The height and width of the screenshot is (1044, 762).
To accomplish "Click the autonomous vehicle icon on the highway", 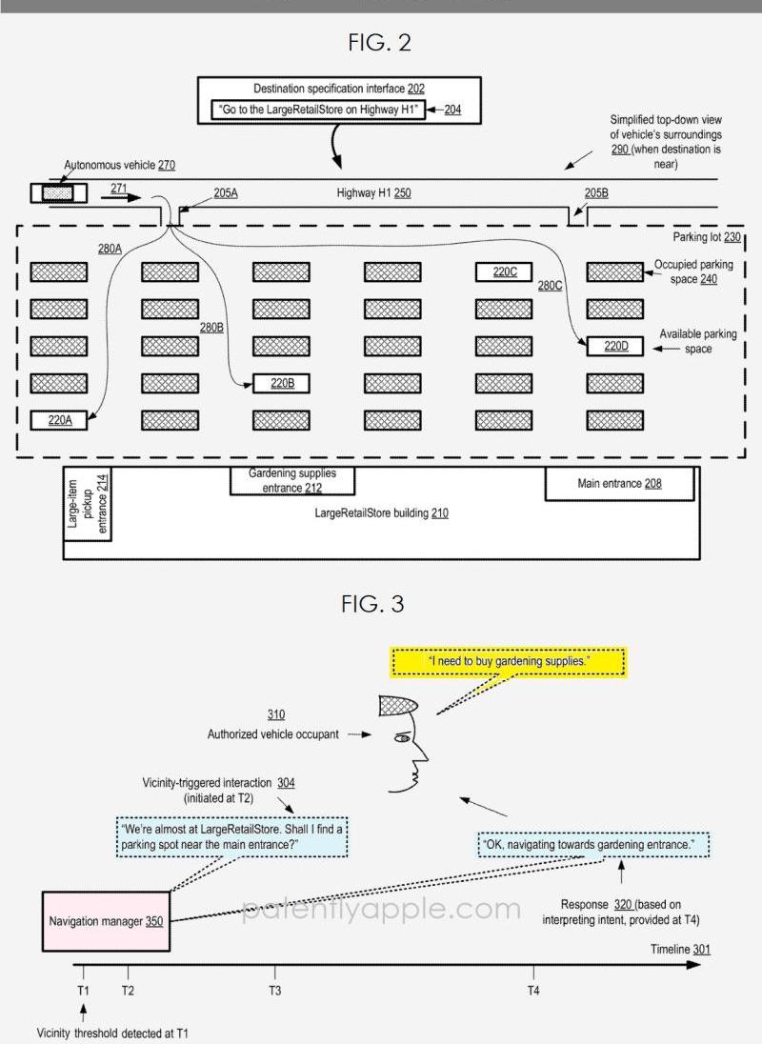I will [58, 193].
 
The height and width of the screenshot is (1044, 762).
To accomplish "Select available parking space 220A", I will [59, 419].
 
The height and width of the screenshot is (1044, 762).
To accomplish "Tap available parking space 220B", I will [282, 383].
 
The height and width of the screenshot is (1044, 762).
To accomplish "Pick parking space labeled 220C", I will [504, 271].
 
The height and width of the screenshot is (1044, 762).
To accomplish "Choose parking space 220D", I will [615, 346].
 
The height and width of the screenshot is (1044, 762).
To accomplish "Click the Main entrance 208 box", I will [619, 484].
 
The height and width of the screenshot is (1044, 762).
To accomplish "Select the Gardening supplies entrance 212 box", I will [292, 481].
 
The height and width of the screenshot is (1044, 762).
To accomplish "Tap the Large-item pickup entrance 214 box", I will [88, 503].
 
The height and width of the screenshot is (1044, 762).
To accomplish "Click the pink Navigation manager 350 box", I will [106, 921].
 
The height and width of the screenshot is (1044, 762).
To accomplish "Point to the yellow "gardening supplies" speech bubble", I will [509, 661].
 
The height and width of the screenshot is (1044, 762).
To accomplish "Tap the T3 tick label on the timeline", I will [274, 990].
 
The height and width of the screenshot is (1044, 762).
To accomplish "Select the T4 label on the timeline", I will [532, 990].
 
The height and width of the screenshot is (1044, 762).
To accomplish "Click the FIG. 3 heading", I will [372, 604].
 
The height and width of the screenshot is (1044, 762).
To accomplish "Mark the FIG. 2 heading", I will [379, 43].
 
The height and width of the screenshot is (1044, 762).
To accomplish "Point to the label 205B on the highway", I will [596, 193].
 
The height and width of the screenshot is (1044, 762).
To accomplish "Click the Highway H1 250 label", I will [373, 193].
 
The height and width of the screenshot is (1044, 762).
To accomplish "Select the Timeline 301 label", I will [680, 949].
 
